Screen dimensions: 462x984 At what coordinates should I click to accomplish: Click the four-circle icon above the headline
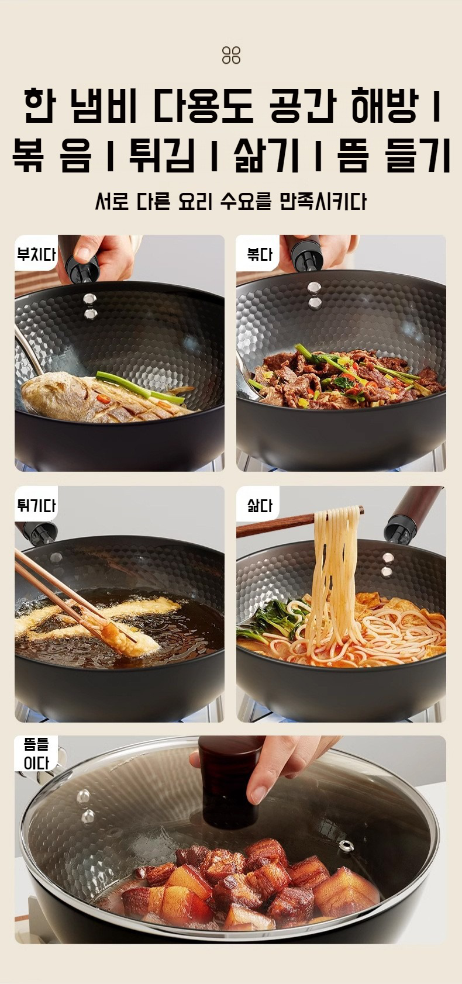pos(231,56)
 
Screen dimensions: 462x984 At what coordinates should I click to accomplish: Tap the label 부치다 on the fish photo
pos(36,254)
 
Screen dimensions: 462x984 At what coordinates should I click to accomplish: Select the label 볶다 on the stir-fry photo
pos(259,254)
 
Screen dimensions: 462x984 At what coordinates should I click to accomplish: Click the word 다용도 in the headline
pos(203,106)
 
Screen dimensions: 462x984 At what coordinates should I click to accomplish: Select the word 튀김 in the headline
pos(162,154)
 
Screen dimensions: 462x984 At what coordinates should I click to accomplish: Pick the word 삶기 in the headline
pos(267,154)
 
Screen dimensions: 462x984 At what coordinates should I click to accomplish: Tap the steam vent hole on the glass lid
pos(346,846)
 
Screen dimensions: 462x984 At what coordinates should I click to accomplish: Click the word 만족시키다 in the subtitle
pos(322,202)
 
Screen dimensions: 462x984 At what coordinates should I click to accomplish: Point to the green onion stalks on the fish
pos(141,386)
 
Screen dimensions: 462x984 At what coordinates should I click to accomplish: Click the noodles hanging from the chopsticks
pos(334,571)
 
